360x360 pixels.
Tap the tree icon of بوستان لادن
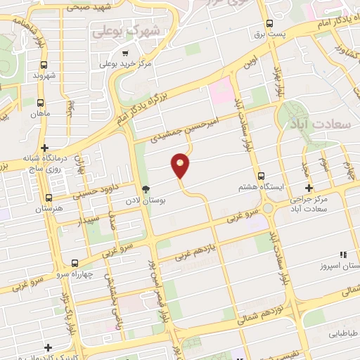pyautogui.click(x=146, y=189)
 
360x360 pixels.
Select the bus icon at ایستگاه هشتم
pyautogui.click(x=261, y=176)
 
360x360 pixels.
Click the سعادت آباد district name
pyautogui.click(x=314, y=122)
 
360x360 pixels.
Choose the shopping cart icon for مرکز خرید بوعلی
pyautogui.click(x=125, y=53)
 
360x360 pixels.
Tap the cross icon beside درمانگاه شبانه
pyautogui.click(x=45, y=148)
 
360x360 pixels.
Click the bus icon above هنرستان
pyautogui.click(x=49, y=198)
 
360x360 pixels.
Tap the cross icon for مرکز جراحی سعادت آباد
pyautogui.click(x=309, y=188)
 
